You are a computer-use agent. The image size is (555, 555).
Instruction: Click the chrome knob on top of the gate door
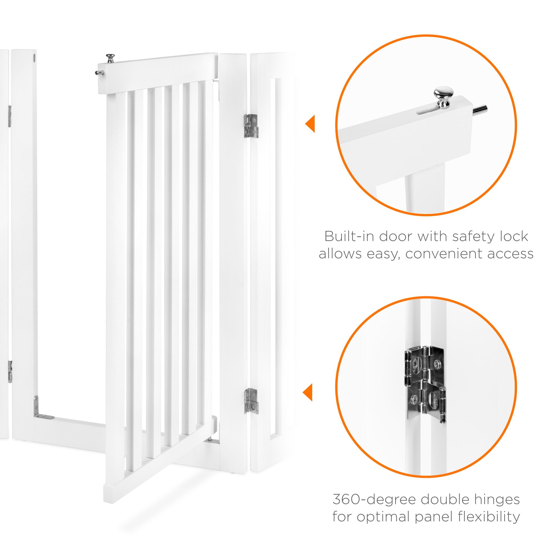coord(110,58)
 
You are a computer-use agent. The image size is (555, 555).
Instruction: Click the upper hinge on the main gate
coord(251,126)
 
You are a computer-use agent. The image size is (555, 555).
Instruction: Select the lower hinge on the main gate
coord(251,401)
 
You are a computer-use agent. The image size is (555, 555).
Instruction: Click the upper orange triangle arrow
coord(310,123)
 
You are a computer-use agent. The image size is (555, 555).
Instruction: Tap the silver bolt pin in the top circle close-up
coord(480,110)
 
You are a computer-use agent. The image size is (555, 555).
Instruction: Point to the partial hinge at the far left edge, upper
coord(9,116)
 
